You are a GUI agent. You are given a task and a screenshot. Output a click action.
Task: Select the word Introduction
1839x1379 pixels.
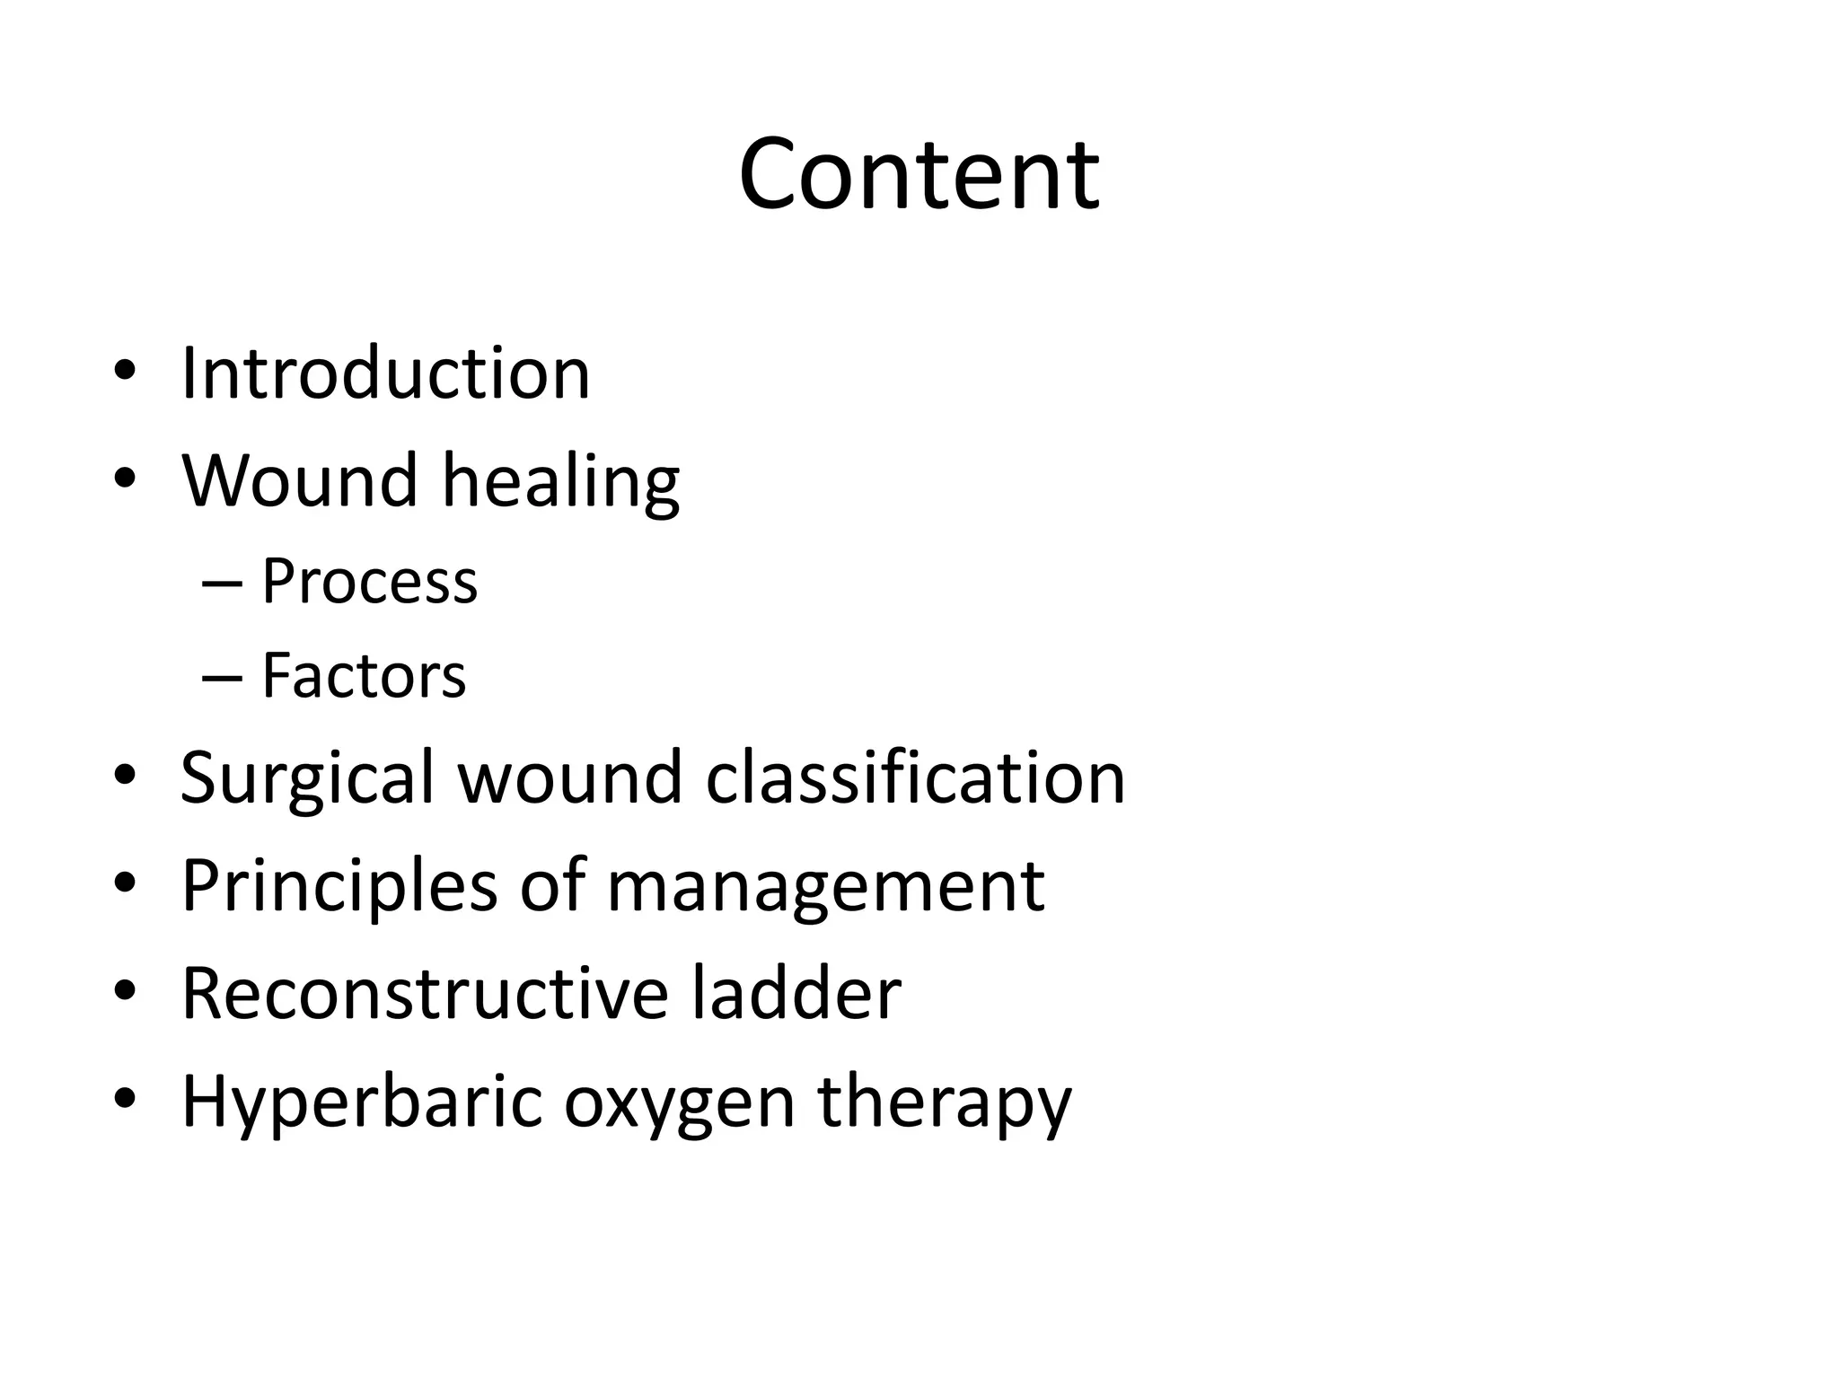tap(385, 373)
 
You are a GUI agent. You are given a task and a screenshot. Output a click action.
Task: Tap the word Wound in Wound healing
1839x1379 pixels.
tap(300, 480)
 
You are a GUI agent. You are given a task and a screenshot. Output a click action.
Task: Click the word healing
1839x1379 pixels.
tap(561, 482)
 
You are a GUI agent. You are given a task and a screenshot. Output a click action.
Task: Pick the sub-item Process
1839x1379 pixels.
tap(369, 582)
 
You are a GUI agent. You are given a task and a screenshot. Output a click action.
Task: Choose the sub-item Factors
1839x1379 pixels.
tap(364, 675)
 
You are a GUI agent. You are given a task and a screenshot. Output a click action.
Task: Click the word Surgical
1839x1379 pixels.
tap(308, 777)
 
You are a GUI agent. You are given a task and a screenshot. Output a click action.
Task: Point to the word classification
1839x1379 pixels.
tap(915, 777)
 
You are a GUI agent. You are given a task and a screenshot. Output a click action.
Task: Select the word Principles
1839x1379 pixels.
tap(339, 887)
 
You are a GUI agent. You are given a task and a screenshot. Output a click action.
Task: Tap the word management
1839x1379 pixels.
tap(825, 887)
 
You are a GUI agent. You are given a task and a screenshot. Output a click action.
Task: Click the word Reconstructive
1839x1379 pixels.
tap(425, 993)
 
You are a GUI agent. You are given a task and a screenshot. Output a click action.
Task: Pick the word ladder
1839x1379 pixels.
tap(796, 993)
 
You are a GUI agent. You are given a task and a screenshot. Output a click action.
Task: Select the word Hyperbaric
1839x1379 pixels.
tap(362, 1102)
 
